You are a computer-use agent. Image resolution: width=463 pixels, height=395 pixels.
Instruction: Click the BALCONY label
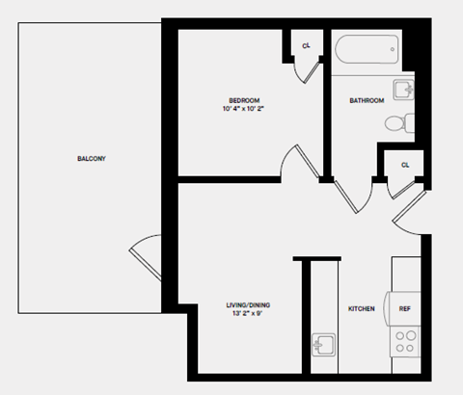(x=91, y=158)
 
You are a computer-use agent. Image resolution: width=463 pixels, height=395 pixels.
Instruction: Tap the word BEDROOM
(x=242, y=100)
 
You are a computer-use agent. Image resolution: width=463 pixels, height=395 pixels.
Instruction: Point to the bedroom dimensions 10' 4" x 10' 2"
(x=242, y=110)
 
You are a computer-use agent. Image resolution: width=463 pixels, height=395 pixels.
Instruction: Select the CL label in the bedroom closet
(x=306, y=46)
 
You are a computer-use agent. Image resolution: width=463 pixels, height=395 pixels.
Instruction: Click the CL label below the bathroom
(x=404, y=165)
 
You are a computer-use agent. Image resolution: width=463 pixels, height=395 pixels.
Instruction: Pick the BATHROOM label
(x=367, y=100)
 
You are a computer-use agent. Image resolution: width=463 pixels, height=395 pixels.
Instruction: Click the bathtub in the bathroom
(x=366, y=48)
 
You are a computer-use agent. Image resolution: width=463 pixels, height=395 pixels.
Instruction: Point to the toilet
(x=398, y=123)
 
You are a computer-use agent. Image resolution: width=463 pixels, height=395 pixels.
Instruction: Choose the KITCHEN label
(x=361, y=309)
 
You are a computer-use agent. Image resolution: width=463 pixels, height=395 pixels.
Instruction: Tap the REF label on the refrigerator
(x=406, y=309)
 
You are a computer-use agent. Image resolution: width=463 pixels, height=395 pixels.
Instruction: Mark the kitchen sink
(x=323, y=345)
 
